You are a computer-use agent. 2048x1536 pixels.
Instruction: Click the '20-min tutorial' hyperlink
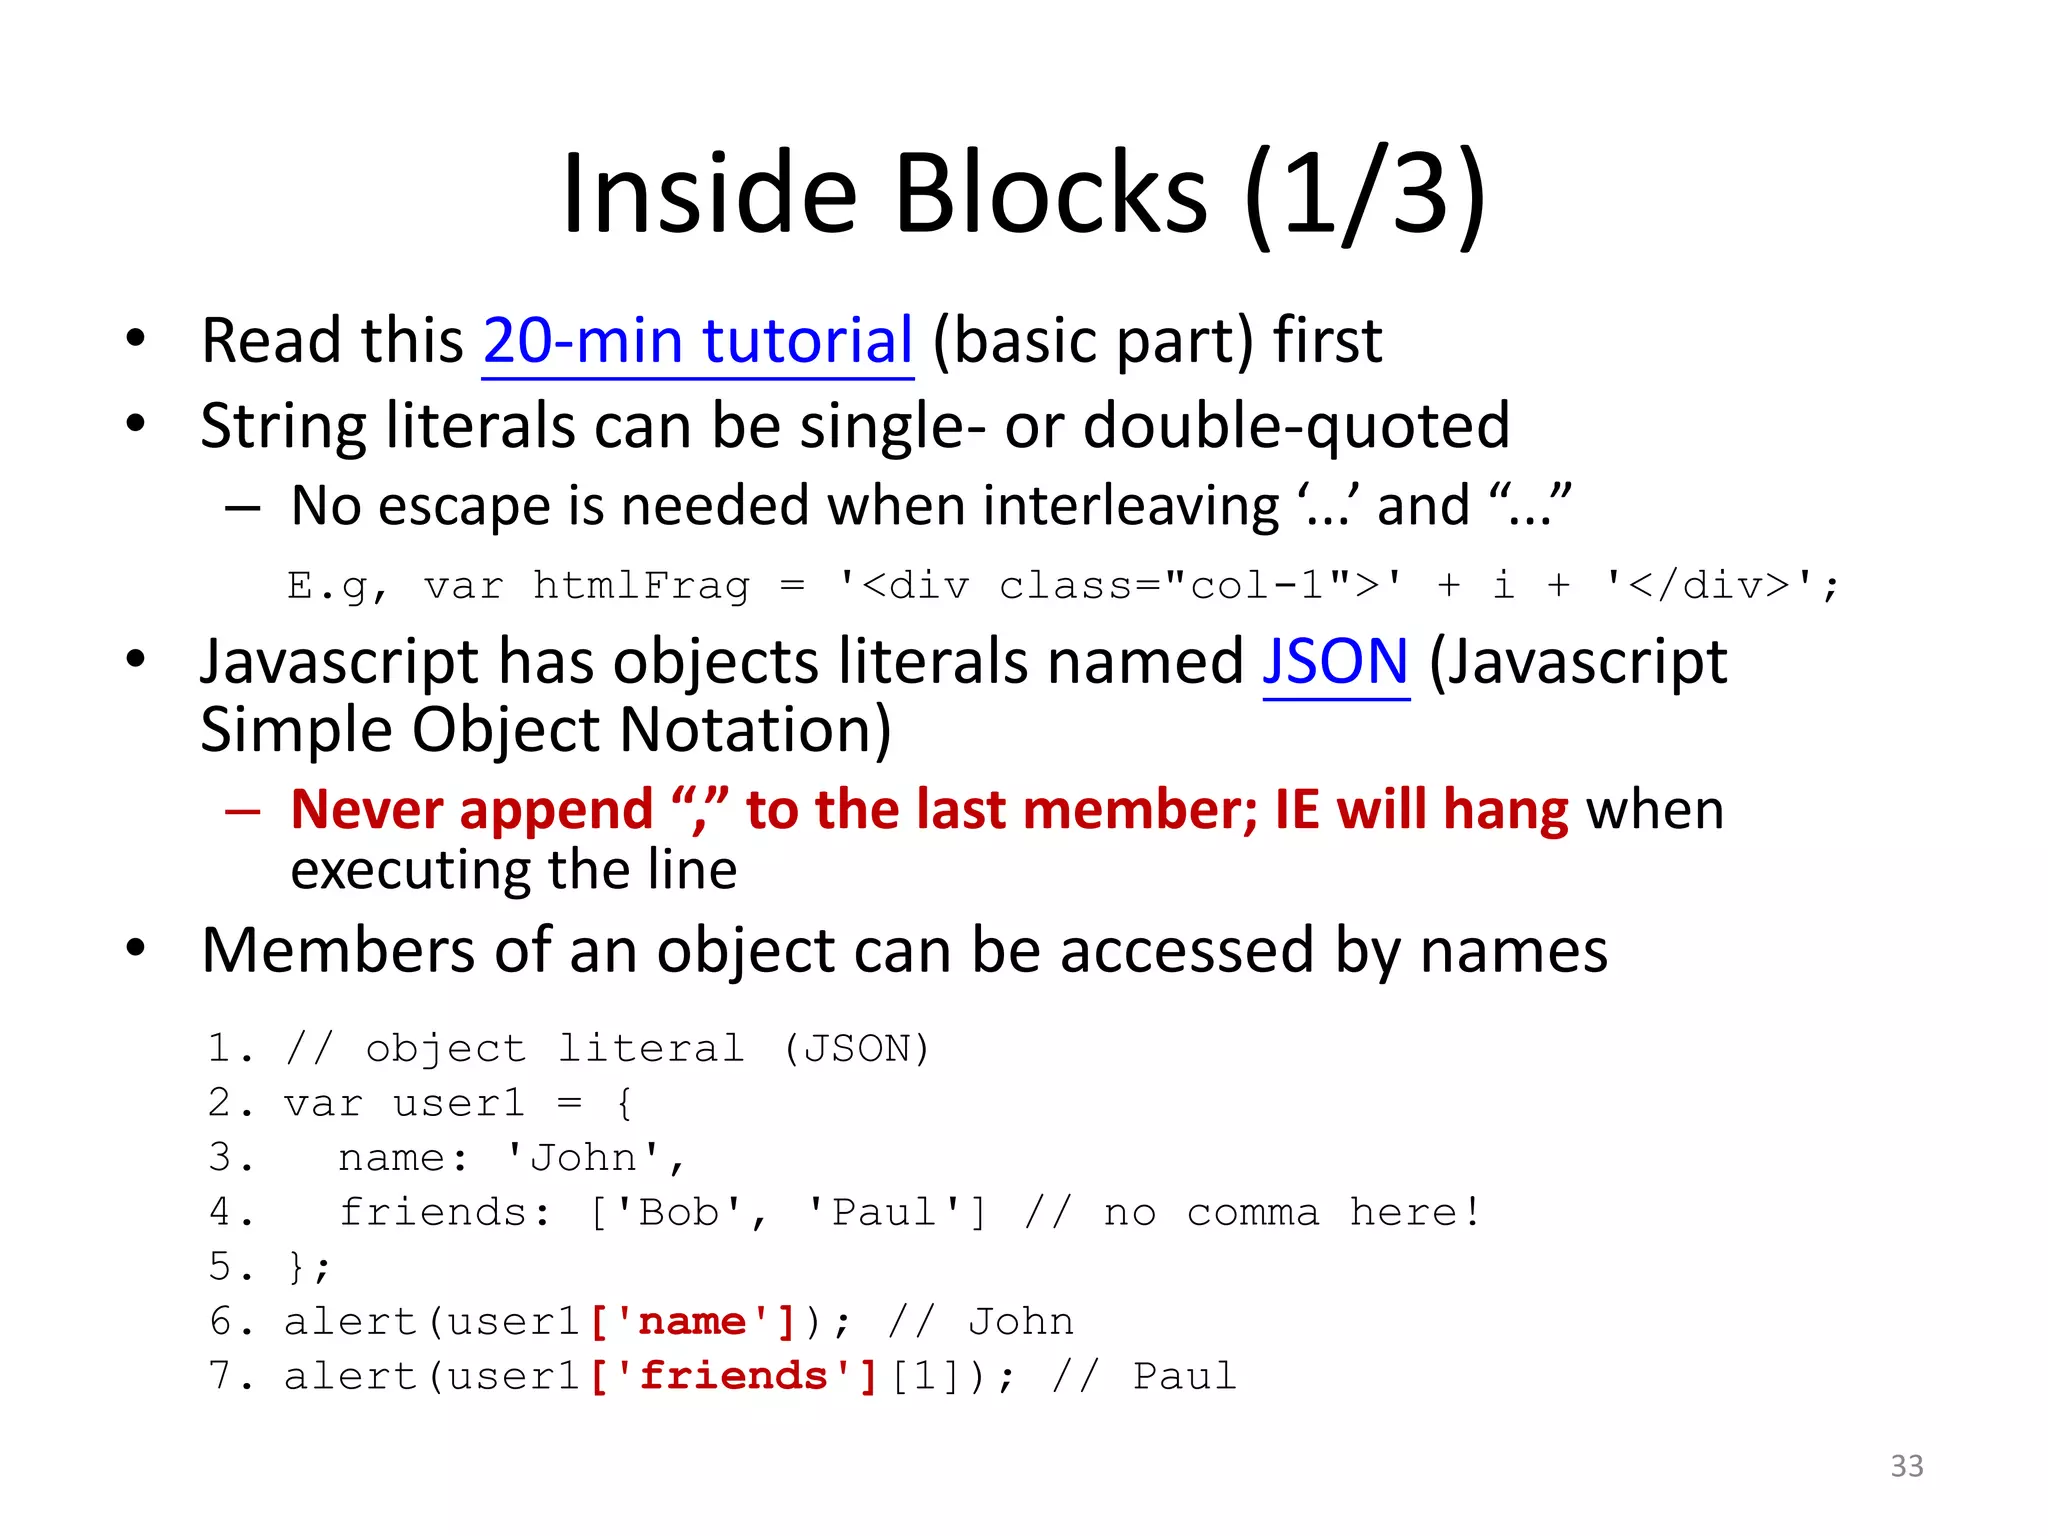(x=697, y=341)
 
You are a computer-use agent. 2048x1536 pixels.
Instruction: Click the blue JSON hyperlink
(x=1335, y=663)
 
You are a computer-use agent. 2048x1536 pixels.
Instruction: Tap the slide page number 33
(x=1906, y=1466)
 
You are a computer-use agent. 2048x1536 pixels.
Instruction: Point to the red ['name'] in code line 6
(x=692, y=1322)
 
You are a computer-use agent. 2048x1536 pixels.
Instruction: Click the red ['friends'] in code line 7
(x=733, y=1377)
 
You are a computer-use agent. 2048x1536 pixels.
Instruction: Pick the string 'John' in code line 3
(x=583, y=1158)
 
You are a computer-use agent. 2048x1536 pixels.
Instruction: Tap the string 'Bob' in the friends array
(x=679, y=1213)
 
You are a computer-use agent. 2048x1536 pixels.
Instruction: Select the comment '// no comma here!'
(x=1252, y=1213)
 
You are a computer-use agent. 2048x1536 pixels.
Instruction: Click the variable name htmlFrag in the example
(x=640, y=586)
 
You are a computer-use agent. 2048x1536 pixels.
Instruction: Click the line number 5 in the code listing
(x=220, y=1267)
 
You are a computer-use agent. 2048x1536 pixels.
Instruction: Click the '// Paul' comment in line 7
(x=1144, y=1377)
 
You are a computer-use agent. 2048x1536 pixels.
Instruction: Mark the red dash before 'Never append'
(x=243, y=810)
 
